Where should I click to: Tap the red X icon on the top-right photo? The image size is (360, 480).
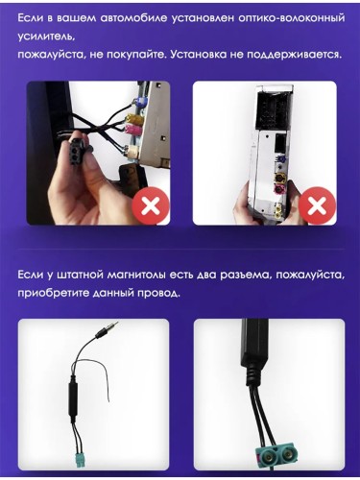pos(317,204)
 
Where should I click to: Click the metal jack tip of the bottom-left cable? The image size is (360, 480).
pos(112,328)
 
